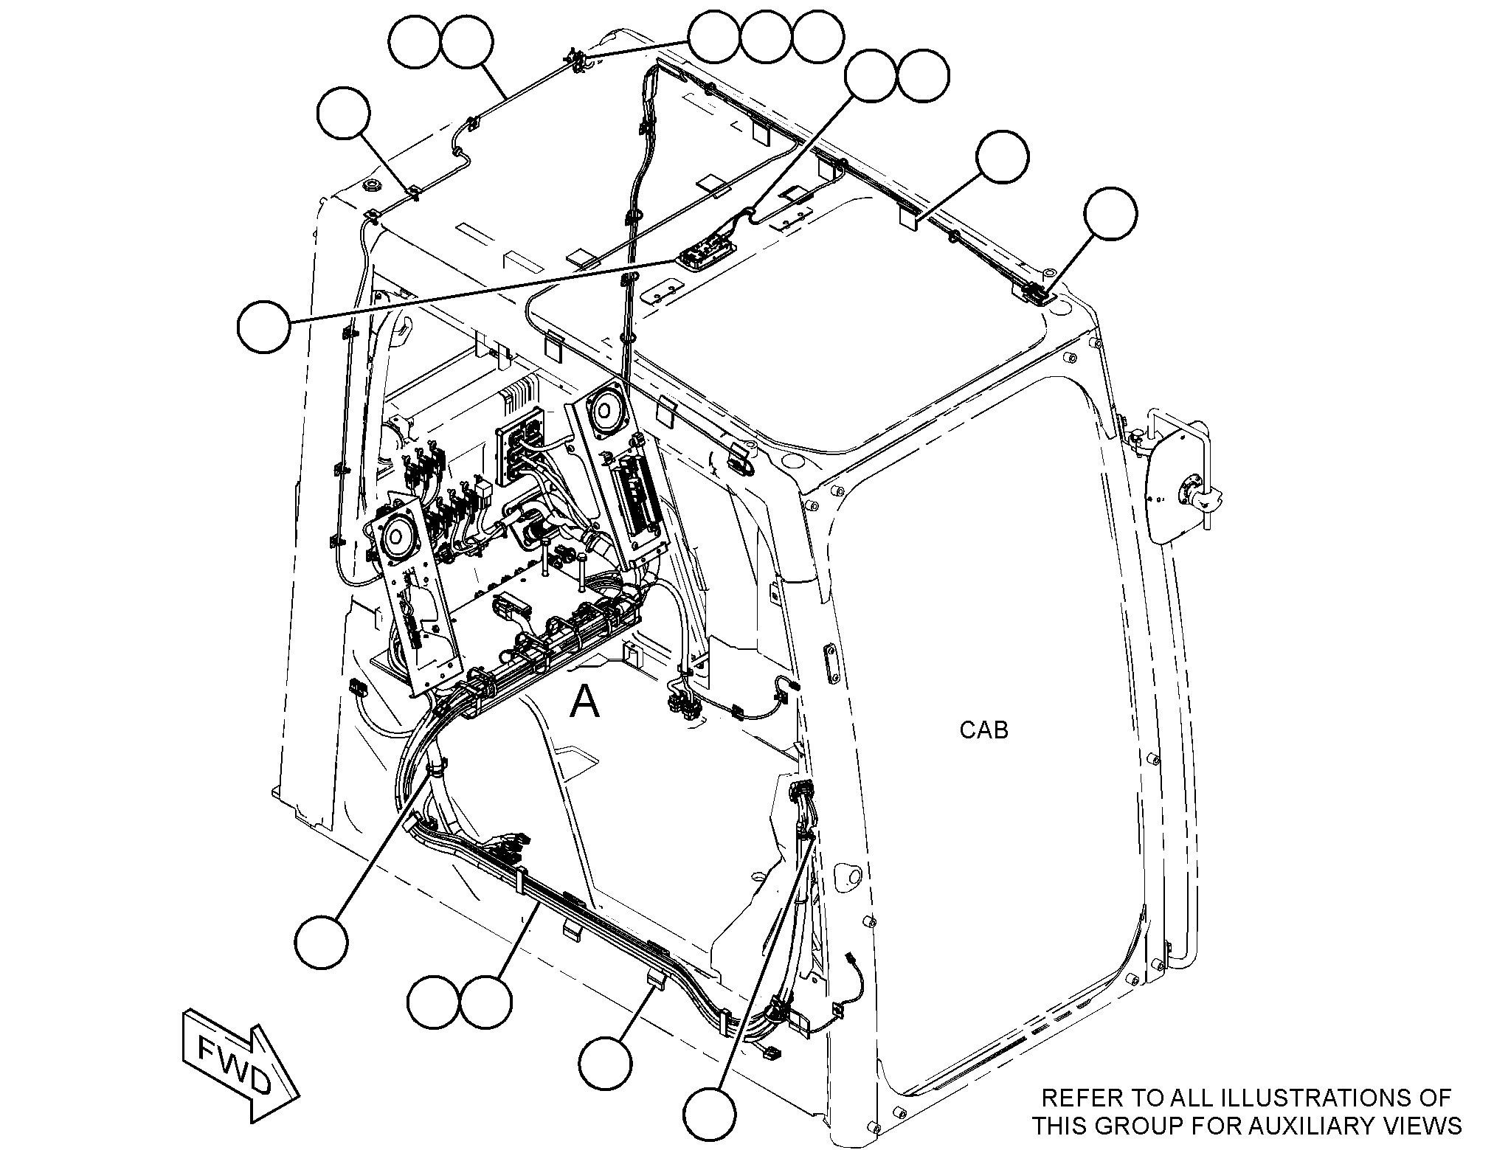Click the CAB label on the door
[x=983, y=730]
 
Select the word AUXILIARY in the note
[x=1310, y=1146]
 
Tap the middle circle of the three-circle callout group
[x=766, y=37]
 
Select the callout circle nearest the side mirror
[x=1110, y=213]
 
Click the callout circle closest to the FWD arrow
[x=321, y=942]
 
